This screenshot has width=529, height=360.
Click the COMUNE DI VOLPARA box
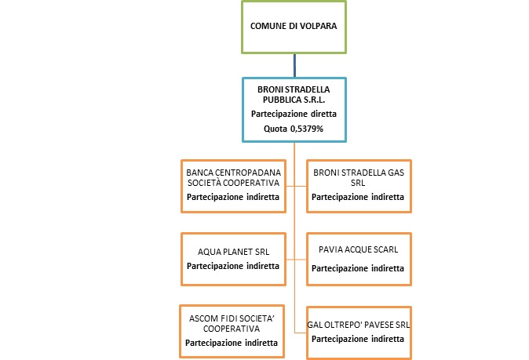pyautogui.click(x=294, y=26)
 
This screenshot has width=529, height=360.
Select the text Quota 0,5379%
pyautogui.click(x=294, y=128)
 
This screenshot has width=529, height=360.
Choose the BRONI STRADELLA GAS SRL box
pyautogui.click(x=358, y=185)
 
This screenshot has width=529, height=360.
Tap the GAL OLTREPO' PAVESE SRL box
pyautogui.click(x=358, y=329)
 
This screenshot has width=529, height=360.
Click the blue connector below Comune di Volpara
pyautogui.click(x=294, y=64)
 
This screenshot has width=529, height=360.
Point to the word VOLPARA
pyautogui.click(x=319, y=26)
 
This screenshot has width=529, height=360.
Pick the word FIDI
pyautogui.click(x=229, y=318)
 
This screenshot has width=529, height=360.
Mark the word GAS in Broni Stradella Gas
pyautogui.click(x=394, y=171)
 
